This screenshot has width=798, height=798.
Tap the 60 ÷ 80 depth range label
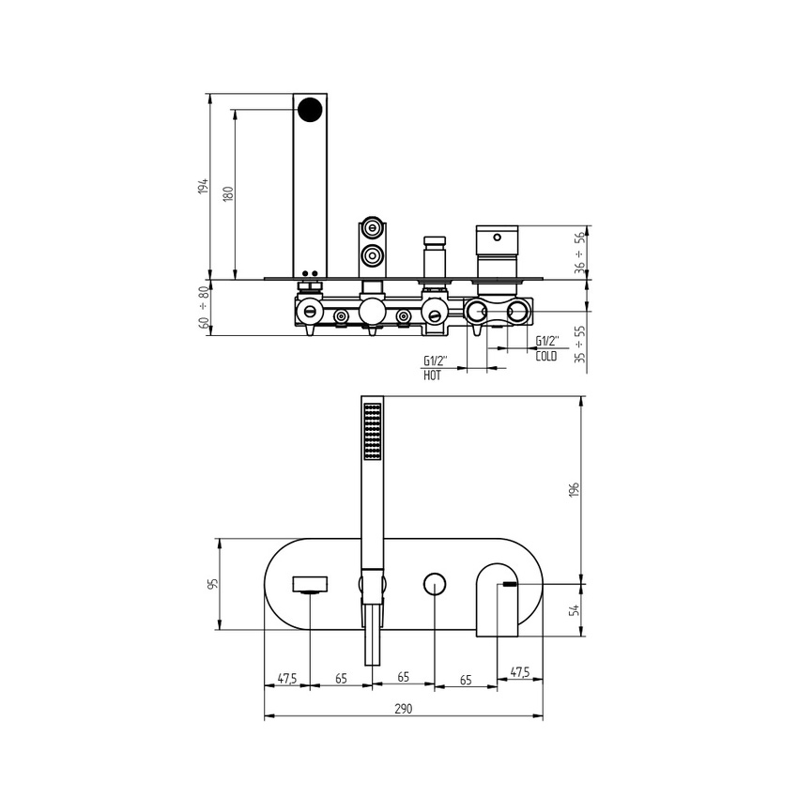(x=204, y=307)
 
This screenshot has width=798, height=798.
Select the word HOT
(x=432, y=375)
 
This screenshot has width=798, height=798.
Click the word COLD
(x=546, y=357)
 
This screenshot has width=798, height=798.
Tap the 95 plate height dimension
(x=213, y=584)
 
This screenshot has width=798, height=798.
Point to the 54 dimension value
(x=575, y=610)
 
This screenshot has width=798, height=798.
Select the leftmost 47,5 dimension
(x=287, y=677)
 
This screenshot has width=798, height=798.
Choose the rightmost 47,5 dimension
(x=519, y=672)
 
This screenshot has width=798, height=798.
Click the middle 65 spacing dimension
(x=403, y=677)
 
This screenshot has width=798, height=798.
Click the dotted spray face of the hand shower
(x=373, y=432)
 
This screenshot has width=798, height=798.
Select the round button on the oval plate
(x=434, y=584)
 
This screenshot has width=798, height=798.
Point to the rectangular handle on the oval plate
(x=309, y=585)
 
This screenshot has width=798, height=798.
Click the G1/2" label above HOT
(x=435, y=361)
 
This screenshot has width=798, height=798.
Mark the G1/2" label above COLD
(x=547, y=342)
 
